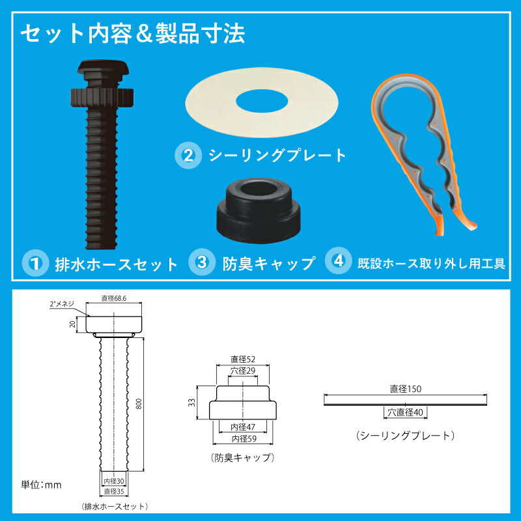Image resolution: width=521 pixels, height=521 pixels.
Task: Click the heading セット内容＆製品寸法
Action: click(133, 34)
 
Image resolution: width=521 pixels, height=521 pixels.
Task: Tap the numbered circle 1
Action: click(35, 264)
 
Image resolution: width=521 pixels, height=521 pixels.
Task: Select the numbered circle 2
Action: click(188, 156)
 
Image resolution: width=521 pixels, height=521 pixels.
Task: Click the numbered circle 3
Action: click(202, 262)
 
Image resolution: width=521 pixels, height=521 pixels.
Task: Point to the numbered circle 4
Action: click(339, 261)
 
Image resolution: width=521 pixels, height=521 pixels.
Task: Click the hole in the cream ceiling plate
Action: click(262, 101)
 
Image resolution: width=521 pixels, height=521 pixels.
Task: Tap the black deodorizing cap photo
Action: click(259, 210)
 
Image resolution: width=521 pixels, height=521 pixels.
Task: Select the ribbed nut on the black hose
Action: click(102, 97)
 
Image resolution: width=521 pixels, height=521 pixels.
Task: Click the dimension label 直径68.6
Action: click(114, 298)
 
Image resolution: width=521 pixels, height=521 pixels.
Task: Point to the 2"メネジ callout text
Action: click(62, 303)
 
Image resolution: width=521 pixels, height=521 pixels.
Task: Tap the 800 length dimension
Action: click(139, 404)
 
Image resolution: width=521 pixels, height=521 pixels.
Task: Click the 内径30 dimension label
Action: click(114, 481)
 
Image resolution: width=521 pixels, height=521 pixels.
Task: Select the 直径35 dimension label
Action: click(114, 491)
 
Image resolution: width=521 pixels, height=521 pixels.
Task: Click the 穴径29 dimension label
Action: click(243, 371)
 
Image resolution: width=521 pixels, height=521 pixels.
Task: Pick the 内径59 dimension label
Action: click(244, 438)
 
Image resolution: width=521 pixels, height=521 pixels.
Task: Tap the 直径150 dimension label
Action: click(405, 389)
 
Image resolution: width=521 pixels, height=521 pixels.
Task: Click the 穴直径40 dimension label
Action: click(405, 412)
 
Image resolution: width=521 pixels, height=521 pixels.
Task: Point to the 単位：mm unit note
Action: click(41, 485)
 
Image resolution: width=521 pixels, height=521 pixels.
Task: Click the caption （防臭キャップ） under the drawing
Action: click(243, 458)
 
